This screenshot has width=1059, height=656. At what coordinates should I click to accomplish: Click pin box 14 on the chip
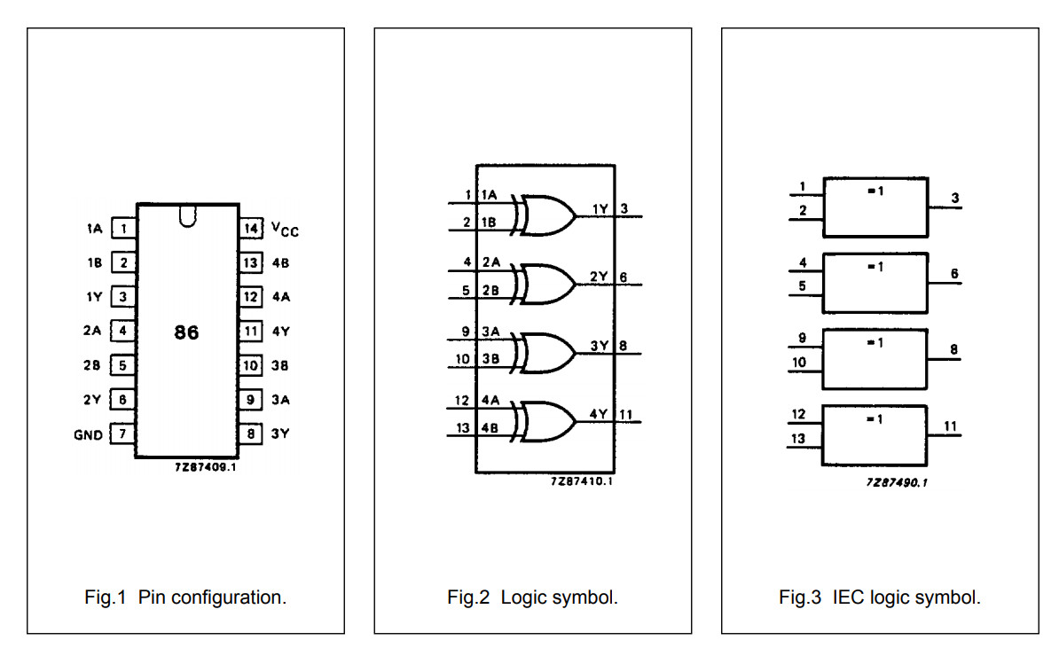click(x=250, y=229)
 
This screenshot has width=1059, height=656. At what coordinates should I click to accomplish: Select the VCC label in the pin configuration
click(x=285, y=230)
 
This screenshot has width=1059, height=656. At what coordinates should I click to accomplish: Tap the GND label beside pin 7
click(x=88, y=434)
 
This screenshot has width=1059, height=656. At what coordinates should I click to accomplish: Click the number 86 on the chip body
click(x=186, y=332)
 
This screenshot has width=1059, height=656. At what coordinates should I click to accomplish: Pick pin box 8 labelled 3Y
click(x=250, y=434)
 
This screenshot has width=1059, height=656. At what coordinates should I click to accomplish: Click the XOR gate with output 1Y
click(x=546, y=215)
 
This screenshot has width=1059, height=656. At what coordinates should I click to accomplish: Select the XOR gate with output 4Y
click(x=546, y=421)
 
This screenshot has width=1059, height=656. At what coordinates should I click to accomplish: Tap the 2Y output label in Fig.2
click(x=599, y=277)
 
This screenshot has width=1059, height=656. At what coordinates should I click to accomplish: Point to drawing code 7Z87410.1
click(x=581, y=481)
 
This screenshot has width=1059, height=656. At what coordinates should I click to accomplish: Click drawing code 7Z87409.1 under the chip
click(x=205, y=466)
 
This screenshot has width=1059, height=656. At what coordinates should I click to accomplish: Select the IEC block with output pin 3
click(x=875, y=207)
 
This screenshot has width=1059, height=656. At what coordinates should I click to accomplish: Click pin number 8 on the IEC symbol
click(x=953, y=349)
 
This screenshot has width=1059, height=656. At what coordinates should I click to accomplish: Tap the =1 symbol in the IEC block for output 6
click(x=875, y=267)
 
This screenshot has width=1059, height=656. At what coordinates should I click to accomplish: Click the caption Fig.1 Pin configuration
click(x=185, y=597)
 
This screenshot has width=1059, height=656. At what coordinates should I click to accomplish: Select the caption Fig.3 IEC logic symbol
click(x=880, y=597)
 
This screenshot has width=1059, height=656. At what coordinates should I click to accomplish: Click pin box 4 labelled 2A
click(x=123, y=332)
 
